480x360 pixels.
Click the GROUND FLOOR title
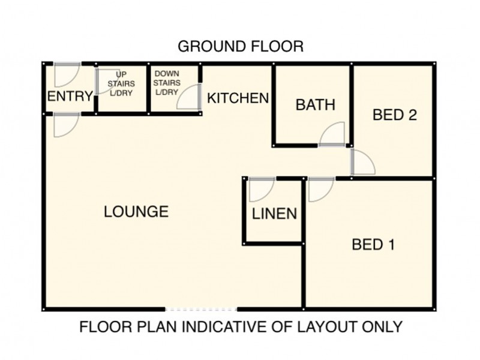click(x=241, y=47)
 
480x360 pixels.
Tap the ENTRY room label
click(x=70, y=97)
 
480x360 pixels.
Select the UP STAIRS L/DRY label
click(x=121, y=83)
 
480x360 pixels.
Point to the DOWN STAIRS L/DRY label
click(x=167, y=83)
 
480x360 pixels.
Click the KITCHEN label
click(x=238, y=98)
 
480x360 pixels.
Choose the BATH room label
click(x=316, y=105)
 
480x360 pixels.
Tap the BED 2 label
click(x=395, y=115)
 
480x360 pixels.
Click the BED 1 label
click(x=373, y=245)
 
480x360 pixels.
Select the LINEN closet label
click(x=274, y=214)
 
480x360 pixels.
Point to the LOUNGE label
click(x=136, y=212)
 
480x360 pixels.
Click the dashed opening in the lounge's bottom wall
click(x=201, y=310)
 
